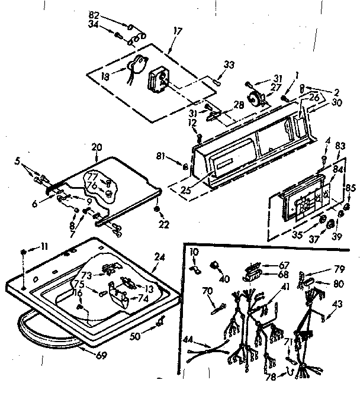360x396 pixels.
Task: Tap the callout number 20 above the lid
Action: click(x=97, y=147)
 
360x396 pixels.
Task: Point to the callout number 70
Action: click(x=208, y=292)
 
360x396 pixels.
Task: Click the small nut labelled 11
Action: click(x=22, y=252)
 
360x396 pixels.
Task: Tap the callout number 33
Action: click(x=230, y=65)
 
